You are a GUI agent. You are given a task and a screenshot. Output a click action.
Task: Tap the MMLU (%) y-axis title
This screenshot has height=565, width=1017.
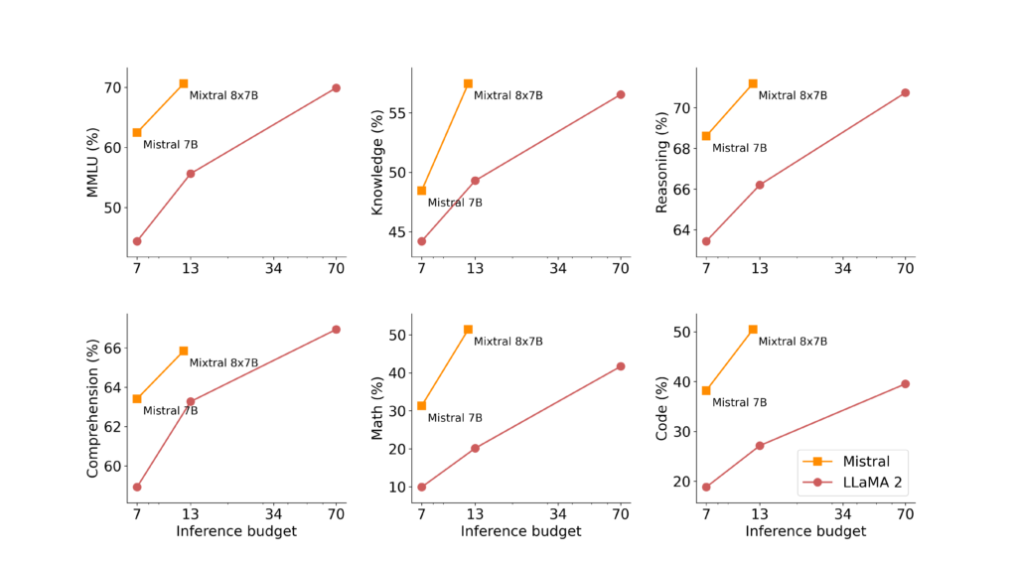coord(93,162)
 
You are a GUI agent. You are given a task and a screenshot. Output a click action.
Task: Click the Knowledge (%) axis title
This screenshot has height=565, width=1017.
coord(377,162)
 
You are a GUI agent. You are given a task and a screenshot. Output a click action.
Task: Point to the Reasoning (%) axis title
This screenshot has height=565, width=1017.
coord(662,162)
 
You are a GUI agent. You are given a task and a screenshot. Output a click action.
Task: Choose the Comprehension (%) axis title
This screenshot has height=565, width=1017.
coord(93,408)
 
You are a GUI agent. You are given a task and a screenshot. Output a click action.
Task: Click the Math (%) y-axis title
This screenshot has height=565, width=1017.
coord(377,408)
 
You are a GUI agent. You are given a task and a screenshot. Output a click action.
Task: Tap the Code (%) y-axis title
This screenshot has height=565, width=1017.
coord(662,408)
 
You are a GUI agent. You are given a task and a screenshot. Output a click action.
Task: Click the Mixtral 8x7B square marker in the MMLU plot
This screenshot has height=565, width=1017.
coord(184,83)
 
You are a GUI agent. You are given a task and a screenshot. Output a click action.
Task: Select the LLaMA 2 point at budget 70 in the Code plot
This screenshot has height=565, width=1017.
coord(905,383)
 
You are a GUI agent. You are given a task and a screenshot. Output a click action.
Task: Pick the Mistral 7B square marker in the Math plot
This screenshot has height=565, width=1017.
coord(421,405)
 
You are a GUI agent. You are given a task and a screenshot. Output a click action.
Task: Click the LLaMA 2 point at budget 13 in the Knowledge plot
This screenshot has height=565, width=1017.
coord(475,181)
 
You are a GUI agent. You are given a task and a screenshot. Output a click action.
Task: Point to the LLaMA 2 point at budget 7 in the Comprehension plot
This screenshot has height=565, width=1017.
coord(137,487)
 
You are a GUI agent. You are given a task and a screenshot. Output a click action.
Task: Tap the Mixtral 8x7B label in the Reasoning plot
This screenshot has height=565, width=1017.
coord(793,95)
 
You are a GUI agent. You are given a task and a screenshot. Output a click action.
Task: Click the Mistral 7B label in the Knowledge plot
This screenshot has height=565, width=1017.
coord(455,203)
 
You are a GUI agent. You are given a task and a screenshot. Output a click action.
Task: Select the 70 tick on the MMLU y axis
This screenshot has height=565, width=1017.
coord(114,87)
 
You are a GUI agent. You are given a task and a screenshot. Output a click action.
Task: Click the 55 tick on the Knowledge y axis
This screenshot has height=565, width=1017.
coord(398,112)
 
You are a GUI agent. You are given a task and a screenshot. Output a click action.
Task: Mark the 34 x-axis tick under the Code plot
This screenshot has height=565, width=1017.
coord(842,514)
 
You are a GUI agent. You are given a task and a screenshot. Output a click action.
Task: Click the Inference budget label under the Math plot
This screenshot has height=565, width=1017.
coord(520,532)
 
